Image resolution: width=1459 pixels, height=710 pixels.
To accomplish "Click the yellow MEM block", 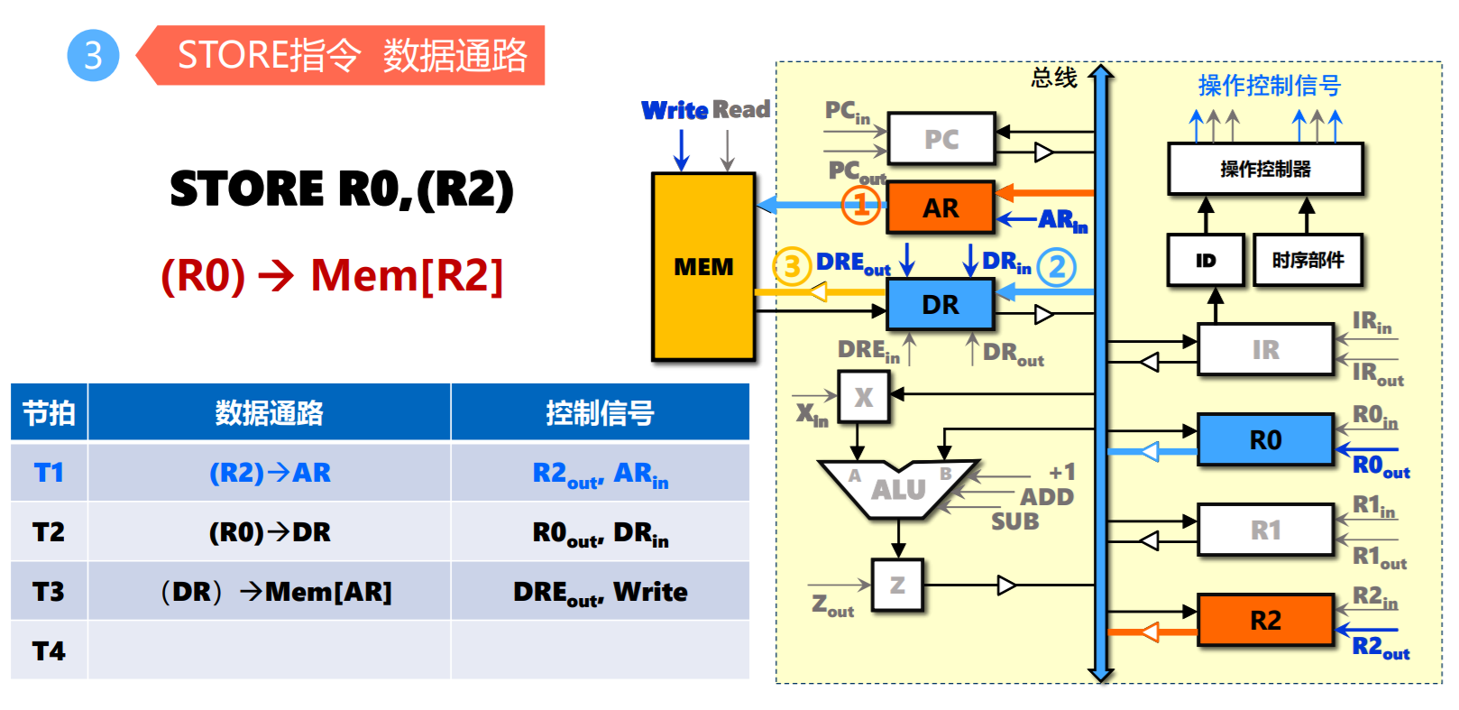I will [703, 267].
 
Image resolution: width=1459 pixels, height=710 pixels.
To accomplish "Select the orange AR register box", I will [941, 207].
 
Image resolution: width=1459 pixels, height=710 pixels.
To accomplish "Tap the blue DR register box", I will [941, 304].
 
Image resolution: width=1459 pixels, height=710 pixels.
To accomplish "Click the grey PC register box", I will [941, 139].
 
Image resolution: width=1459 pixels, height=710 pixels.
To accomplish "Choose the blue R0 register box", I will [1265, 439].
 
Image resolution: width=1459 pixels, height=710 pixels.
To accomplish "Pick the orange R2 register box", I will [1265, 620].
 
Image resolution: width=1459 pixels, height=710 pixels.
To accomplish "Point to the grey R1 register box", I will [1265, 530].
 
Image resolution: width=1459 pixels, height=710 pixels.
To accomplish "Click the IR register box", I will [1265, 349].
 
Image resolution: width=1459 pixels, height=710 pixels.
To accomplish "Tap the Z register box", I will [897, 586].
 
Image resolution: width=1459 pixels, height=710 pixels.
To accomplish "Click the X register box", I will [863, 397].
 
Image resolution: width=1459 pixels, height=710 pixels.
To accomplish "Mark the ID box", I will [1206, 260].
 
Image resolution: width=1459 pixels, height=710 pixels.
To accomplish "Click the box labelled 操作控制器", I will [1265, 169].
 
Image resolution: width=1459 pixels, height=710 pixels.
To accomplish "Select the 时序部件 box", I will [1308, 260].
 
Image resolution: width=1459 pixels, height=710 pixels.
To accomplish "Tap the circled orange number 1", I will [861, 205].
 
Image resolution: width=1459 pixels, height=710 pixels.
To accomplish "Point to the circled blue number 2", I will [1057, 267].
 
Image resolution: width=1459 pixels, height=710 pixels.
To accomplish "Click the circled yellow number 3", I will [792, 266].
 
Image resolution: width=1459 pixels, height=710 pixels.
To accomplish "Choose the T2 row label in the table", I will [49, 532].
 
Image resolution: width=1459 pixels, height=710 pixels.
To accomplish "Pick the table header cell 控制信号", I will [600, 413].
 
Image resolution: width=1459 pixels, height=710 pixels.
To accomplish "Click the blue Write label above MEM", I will [674, 110].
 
